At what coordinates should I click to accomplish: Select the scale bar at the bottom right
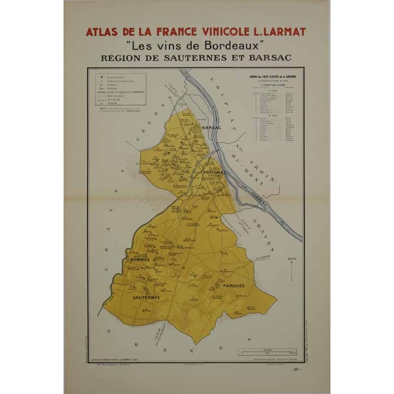(x=267, y=351)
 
